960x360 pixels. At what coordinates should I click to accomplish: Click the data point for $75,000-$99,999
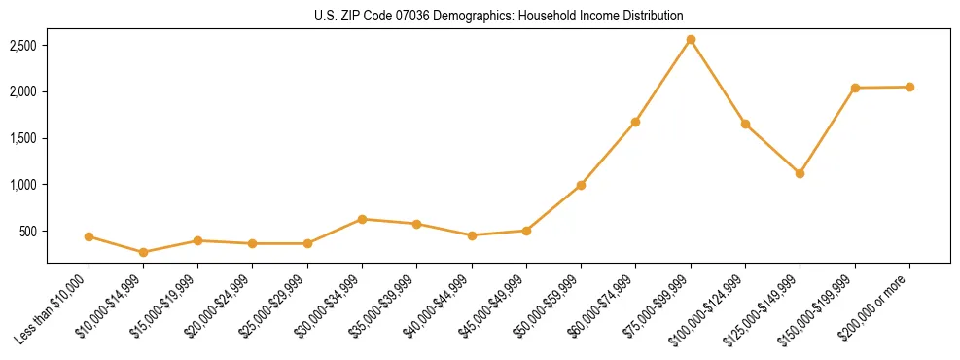pyautogui.click(x=691, y=40)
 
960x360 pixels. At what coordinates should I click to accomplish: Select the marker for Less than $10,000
pyautogui.click(x=89, y=236)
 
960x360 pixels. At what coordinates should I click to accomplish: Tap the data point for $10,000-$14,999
pyautogui.click(x=144, y=252)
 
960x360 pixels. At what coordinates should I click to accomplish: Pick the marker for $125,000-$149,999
pyautogui.click(x=800, y=173)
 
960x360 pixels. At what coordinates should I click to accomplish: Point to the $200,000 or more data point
pyautogui.click(x=909, y=87)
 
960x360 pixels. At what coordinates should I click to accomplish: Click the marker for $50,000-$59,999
pyautogui.click(x=581, y=185)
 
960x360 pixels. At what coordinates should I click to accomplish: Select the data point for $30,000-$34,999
pyautogui.click(x=362, y=219)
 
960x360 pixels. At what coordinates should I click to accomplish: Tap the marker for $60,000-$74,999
pyautogui.click(x=635, y=122)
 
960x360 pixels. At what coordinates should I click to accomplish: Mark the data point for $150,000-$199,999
pyautogui.click(x=855, y=88)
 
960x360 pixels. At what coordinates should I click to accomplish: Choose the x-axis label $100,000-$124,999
pyautogui.click(x=714, y=306)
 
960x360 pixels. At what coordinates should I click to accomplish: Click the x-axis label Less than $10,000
pyautogui.click(x=55, y=308)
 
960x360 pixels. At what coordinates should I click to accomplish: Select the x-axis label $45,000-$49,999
pyautogui.click(x=495, y=305)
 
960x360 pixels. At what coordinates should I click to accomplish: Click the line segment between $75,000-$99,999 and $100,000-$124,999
pyautogui.click(x=718, y=82)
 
